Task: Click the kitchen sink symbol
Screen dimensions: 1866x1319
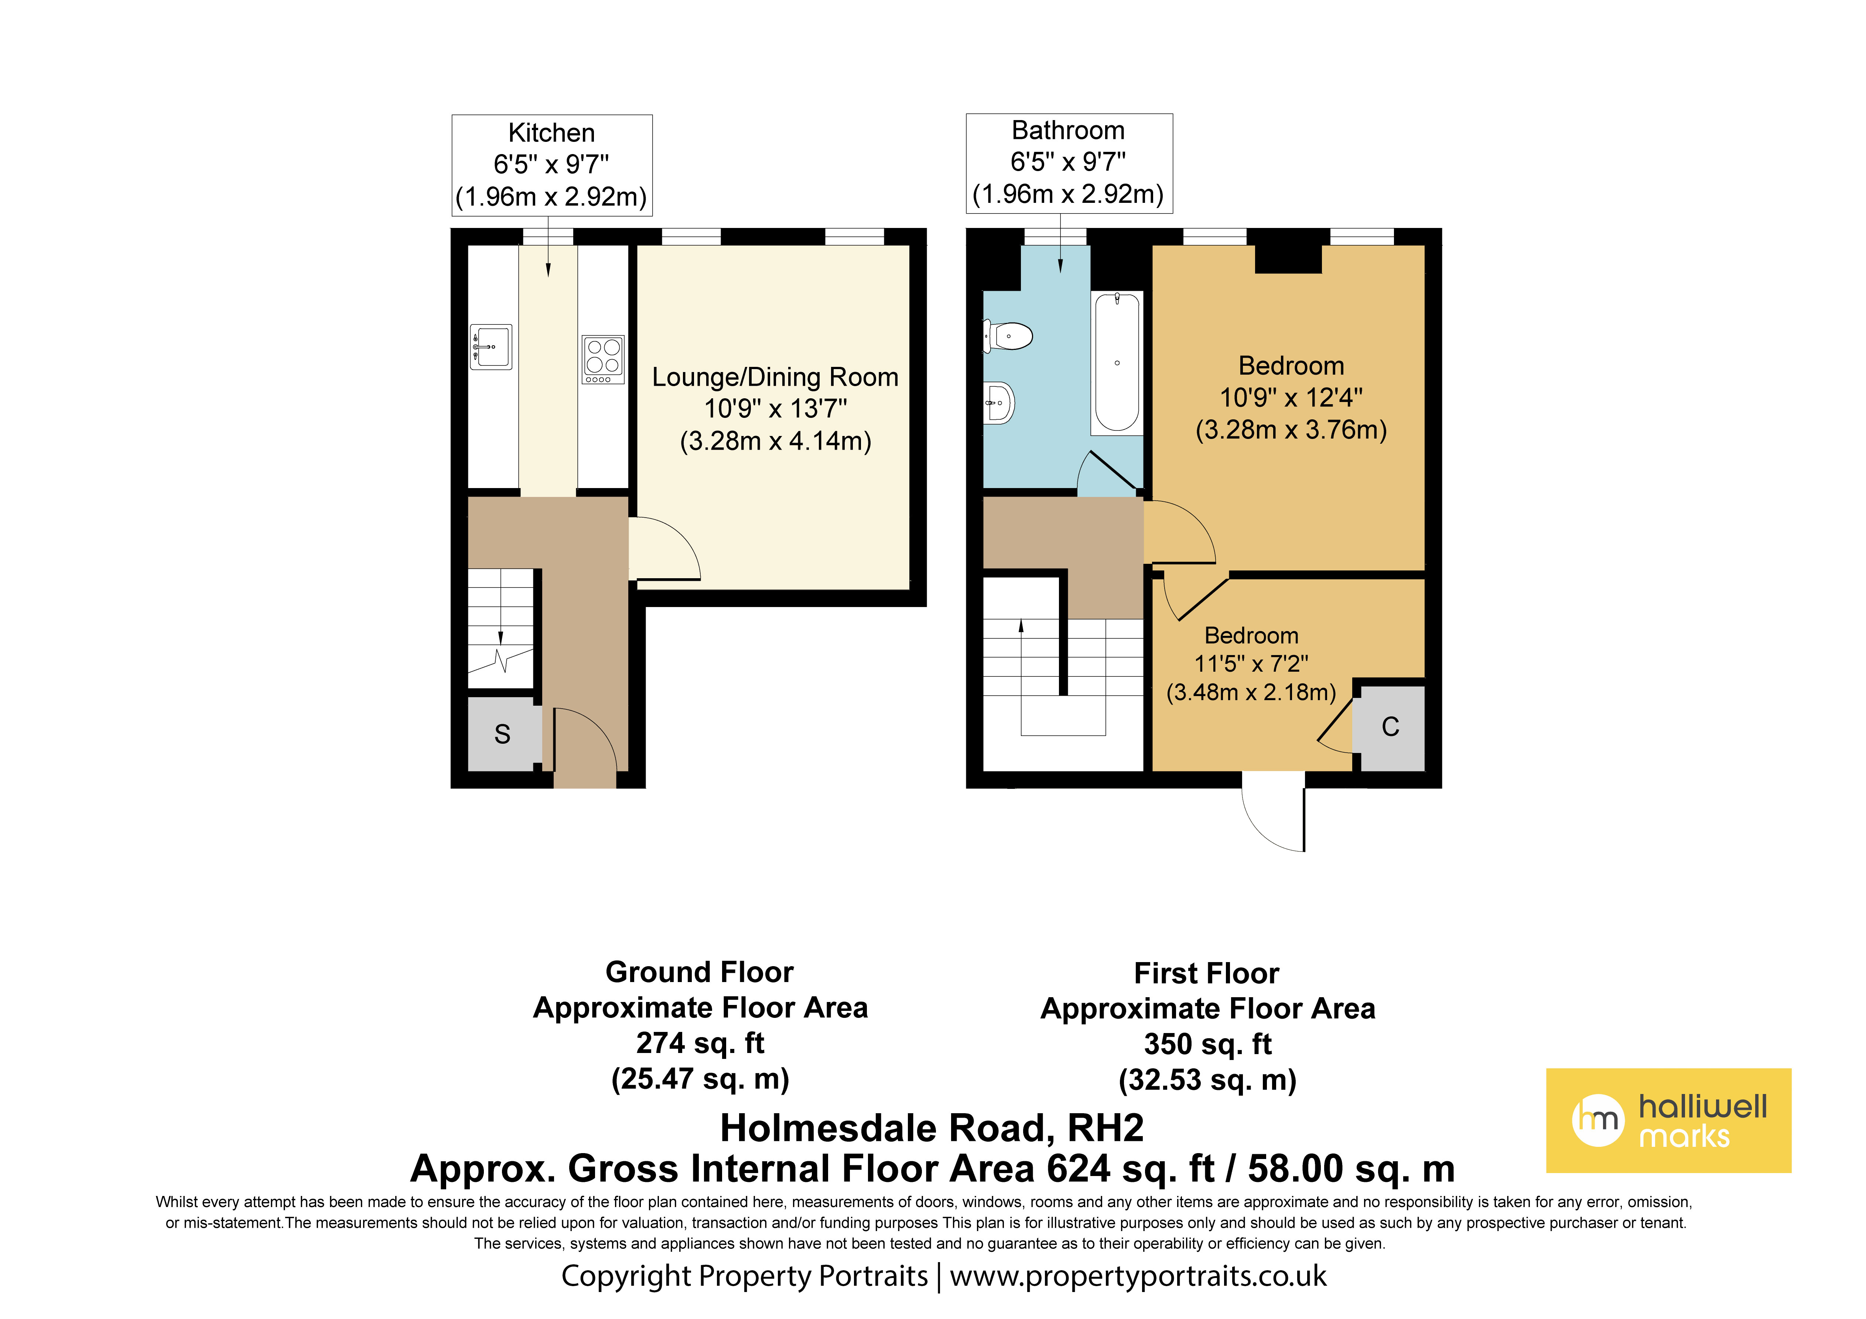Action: click(491, 347)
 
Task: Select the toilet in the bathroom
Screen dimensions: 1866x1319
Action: click(1008, 336)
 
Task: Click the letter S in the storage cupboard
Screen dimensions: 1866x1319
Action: click(502, 734)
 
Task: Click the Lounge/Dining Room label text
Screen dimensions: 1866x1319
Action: click(775, 377)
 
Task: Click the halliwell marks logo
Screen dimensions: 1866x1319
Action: click(1668, 1121)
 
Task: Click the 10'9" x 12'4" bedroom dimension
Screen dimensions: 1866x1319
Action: click(1291, 398)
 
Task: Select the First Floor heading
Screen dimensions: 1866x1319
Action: click(1207, 974)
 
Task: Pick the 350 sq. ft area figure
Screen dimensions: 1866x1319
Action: click(1208, 1044)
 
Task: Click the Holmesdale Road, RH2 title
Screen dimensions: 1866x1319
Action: click(932, 1128)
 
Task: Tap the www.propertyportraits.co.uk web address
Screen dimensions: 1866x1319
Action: click(1138, 1276)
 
